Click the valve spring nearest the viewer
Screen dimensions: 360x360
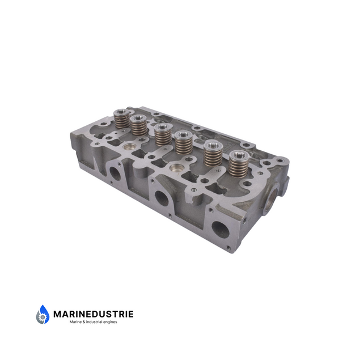point(239,164)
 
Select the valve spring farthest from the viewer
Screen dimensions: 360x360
point(122,118)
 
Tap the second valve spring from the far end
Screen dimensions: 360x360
point(138,125)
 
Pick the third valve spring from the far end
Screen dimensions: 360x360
point(163,135)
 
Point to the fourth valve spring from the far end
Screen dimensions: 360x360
point(184,142)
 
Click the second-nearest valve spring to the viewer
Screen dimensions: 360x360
point(214,154)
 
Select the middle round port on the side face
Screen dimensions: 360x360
point(162,198)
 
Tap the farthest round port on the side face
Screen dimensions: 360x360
point(115,173)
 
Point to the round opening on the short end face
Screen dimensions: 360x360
point(272,198)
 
